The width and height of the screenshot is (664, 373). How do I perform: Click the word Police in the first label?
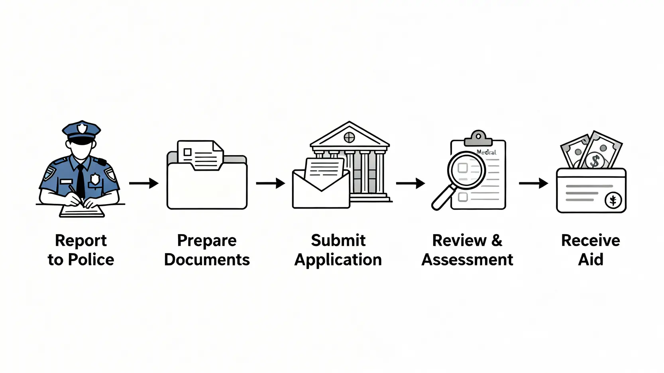[91, 260]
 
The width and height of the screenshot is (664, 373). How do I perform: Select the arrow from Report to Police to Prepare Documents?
[143, 183]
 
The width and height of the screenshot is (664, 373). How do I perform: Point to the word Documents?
[207, 260]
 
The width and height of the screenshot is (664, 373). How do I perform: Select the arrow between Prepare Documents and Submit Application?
[270, 183]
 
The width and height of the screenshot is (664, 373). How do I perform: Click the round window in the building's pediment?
[349, 137]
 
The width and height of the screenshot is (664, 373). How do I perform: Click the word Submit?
[338, 240]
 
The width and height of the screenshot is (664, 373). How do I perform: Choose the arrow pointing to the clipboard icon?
[410, 183]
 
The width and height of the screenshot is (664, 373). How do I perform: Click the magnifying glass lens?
[466, 170]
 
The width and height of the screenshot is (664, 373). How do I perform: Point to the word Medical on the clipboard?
[486, 152]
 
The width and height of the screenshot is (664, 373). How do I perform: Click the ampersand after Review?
[497, 240]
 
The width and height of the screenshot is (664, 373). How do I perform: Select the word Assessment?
[467, 260]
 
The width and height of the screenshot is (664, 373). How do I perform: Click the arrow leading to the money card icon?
[533, 183]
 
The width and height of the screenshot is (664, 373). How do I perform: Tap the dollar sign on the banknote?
[595, 161]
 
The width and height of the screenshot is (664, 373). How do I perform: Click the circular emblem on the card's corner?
[613, 200]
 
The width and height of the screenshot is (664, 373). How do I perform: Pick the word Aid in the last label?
[591, 260]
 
